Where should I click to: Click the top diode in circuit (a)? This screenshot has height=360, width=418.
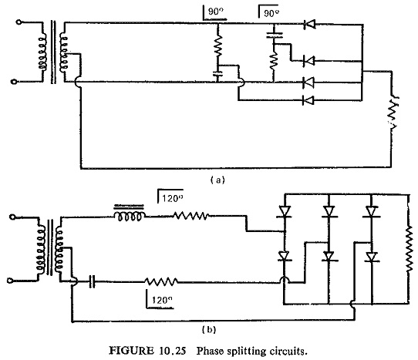pyautogui.click(x=309, y=25)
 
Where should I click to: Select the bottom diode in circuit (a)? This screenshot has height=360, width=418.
pyautogui.click(x=308, y=100)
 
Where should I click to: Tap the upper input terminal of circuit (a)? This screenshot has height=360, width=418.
pyautogui.click(x=19, y=22)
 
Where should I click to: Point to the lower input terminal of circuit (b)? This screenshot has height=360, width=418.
pyautogui.click(x=10, y=281)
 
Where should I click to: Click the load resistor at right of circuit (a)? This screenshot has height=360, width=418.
pyautogui.click(x=393, y=112)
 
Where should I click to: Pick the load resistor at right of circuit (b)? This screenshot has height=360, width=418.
pyautogui.click(x=409, y=250)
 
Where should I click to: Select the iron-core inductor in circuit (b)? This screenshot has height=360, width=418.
pyautogui.click(x=130, y=214)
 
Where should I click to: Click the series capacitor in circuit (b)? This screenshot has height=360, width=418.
pyautogui.click(x=92, y=282)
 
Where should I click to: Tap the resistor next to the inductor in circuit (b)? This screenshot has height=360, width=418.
pyautogui.click(x=190, y=216)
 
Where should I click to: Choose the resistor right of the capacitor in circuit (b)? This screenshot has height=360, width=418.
pyautogui.click(x=161, y=281)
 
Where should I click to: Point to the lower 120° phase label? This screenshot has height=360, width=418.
pyautogui.click(x=160, y=300)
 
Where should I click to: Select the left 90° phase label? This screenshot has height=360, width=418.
pyautogui.click(x=214, y=13)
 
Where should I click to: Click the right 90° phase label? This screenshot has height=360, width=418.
pyautogui.click(x=268, y=12)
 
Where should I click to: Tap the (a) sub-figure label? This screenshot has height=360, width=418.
pyautogui.click(x=217, y=180)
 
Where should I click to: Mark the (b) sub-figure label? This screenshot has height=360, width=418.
pyautogui.click(x=209, y=330)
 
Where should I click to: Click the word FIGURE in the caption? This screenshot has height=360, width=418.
pyautogui.click(x=132, y=351)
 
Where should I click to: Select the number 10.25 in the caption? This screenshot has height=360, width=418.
pyautogui.click(x=173, y=351)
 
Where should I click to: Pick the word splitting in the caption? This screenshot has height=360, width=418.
pyautogui.click(x=246, y=351)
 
